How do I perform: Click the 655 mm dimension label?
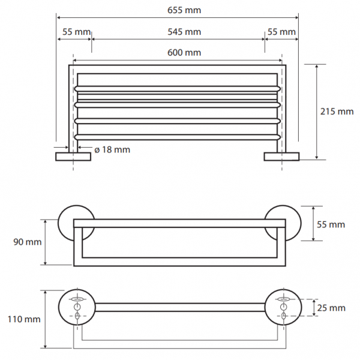[184, 10]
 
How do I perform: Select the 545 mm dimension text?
[184, 32]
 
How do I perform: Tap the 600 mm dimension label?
[184, 53]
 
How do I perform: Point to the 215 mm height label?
[337, 112]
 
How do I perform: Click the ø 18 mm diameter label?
[112, 149]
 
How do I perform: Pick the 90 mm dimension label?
[28, 242]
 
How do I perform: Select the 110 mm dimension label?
[24, 319]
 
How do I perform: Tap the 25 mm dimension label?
[331, 308]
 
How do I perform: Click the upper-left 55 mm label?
[76, 32]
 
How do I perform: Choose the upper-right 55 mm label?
[281, 32]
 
